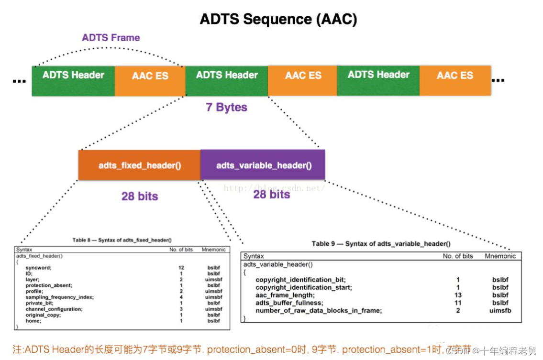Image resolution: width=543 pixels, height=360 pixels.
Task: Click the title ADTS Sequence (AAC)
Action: pos(278,19)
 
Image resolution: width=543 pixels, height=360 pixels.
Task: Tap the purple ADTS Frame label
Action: pos(111,37)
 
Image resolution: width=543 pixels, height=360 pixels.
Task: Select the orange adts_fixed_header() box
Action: pos(139,165)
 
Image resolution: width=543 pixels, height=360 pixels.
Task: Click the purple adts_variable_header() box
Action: pos(264,165)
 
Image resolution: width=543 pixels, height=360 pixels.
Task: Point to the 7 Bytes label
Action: pos(226,108)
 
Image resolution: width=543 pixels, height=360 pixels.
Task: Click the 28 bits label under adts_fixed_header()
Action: pos(139,196)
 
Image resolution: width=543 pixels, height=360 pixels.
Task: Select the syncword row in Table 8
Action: pos(39,268)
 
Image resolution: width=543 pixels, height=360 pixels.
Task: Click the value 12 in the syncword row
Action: pos(181,268)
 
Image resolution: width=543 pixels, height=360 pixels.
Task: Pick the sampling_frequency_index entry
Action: pos(60,297)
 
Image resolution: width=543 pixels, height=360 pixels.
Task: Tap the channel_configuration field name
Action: pos(54,309)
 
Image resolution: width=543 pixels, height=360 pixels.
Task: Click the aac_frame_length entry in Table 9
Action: pos(285,295)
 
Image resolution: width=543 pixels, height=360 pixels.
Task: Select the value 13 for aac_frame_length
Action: pos(458,295)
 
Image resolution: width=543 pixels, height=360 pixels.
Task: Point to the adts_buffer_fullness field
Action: pos(289,303)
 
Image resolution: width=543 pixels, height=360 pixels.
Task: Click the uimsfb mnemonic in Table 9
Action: pos(500,311)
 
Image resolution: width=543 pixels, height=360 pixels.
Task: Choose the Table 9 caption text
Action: pos(381,244)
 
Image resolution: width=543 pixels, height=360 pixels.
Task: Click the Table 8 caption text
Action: pos(122,240)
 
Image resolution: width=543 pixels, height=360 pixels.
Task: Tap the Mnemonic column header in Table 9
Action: pos(500,256)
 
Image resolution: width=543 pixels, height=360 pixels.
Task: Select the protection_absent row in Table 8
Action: pos(49,285)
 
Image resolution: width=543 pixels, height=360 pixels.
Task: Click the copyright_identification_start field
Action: pos(304,287)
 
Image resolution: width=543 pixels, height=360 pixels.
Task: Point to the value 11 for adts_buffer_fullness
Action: pos(458,303)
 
